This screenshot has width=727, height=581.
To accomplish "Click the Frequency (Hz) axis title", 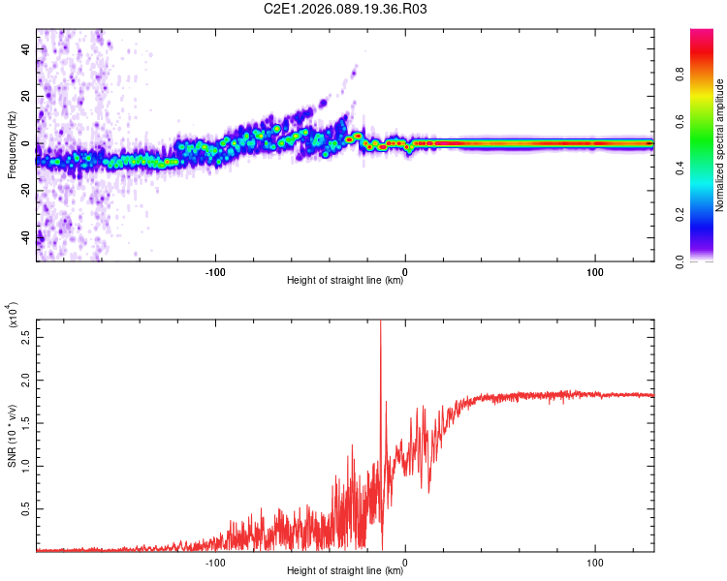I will pyautogui.click(x=12, y=145).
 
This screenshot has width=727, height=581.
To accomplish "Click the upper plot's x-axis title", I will pyautogui.click(x=345, y=281).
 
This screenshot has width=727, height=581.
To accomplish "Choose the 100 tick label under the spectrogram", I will pyautogui.click(x=594, y=270).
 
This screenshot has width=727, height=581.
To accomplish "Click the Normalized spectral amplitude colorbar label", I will pyautogui.click(x=719, y=145).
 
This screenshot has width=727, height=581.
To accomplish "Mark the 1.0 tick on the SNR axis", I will pyautogui.click(x=25, y=467).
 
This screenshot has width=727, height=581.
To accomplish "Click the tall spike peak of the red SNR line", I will pyautogui.click(x=380, y=321).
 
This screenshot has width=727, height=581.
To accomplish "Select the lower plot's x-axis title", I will pyautogui.click(x=345, y=571).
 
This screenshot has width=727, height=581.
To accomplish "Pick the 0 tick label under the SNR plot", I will pyautogui.click(x=405, y=561).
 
